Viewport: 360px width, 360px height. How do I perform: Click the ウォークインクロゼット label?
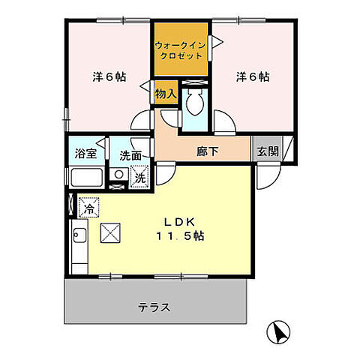181,50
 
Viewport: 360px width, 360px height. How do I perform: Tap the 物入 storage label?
166,94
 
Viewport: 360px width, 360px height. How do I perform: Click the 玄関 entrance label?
268,150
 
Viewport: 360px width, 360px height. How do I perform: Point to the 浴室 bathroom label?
85,153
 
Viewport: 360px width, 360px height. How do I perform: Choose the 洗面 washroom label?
130,155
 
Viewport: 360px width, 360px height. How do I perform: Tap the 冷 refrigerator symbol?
89,208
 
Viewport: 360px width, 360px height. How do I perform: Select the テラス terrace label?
154,307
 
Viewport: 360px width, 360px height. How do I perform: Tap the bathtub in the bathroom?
87,178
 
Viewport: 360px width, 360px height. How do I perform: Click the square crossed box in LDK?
109,234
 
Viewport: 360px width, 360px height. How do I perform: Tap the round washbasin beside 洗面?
117,175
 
